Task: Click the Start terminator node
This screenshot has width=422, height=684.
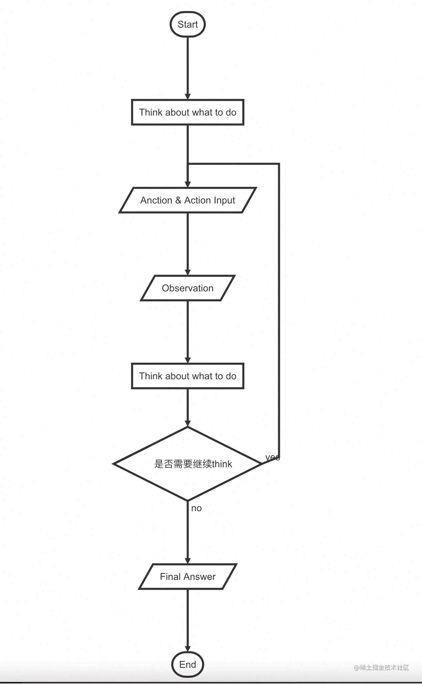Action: point(188,24)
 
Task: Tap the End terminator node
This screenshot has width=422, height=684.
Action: point(188,664)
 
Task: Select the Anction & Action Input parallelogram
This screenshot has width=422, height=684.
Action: point(188,200)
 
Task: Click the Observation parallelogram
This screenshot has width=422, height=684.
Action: point(188,288)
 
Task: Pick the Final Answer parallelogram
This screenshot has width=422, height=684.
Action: point(188,577)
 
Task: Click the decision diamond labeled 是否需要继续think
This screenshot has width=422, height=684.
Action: point(188,464)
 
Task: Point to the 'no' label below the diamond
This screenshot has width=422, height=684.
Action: point(196,508)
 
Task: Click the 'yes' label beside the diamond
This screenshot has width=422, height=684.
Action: point(272,457)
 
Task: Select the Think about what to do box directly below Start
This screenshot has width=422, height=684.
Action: point(188,112)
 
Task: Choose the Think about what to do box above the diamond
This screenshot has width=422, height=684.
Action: point(188,376)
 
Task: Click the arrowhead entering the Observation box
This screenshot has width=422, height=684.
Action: point(188,272)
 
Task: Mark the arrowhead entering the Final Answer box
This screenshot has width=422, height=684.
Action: point(188,560)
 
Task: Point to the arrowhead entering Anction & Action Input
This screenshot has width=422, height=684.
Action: point(188,184)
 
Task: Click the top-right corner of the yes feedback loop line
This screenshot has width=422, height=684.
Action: point(279,164)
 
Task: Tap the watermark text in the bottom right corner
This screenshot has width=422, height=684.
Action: point(381,667)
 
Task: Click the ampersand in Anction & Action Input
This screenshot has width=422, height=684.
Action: point(178,200)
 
